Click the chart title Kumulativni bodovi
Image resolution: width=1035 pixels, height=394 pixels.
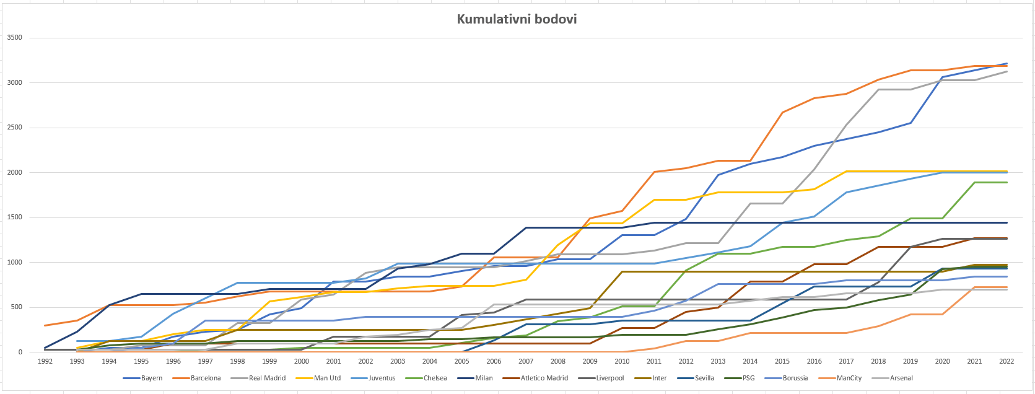[x=517, y=19]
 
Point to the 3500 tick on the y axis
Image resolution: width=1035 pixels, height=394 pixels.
[x=14, y=38]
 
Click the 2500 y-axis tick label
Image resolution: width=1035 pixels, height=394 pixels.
[x=14, y=128]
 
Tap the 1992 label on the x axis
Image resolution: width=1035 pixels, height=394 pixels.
[x=45, y=361]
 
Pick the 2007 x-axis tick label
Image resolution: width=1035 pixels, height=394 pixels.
[x=526, y=361]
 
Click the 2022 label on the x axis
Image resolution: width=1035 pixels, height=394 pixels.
[x=1007, y=361]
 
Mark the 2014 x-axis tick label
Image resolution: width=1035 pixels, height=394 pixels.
[x=750, y=361]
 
